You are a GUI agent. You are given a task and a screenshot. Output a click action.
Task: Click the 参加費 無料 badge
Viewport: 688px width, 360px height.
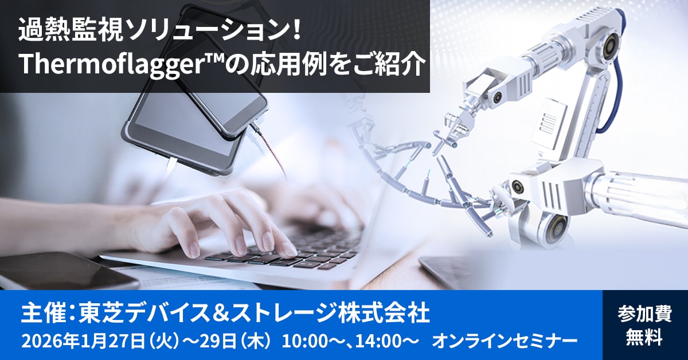coord(644,325)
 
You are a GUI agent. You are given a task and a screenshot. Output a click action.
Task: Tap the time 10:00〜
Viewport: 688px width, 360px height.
coord(313,341)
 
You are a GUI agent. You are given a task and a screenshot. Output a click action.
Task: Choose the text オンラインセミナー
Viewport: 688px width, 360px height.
coord(505,341)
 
